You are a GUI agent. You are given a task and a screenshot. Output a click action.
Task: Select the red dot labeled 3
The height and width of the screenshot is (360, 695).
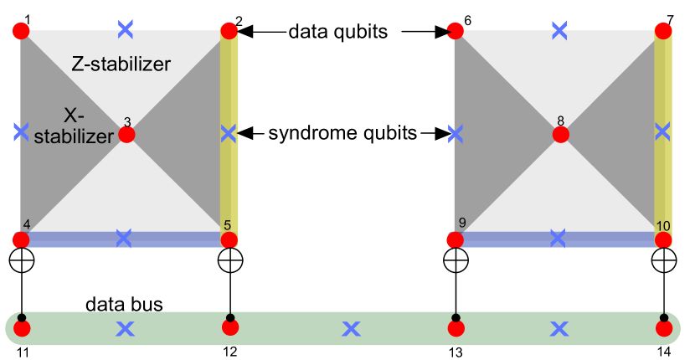(x=126, y=135)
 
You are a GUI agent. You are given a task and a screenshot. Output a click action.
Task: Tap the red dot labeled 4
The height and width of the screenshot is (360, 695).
(x=22, y=240)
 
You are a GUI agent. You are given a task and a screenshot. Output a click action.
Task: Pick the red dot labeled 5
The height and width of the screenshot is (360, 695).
(x=229, y=240)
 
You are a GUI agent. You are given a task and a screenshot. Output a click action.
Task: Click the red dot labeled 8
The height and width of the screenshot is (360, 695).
(x=560, y=135)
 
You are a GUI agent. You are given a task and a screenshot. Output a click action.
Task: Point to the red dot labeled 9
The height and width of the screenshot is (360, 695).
(x=456, y=240)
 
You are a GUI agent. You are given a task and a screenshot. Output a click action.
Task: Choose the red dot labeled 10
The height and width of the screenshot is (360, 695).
(x=663, y=240)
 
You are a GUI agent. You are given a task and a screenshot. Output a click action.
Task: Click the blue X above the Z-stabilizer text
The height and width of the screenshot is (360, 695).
(x=125, y=29)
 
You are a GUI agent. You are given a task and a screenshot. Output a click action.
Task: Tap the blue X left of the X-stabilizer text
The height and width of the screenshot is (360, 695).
(x=21, y=132)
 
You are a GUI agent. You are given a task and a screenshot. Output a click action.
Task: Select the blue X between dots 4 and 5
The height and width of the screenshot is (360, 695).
(x=124, y=239)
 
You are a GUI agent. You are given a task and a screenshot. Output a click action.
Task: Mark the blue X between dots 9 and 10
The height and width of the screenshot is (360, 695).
(x=558, y=239)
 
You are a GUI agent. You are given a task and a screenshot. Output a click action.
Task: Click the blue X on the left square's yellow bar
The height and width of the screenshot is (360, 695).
(x=229, y=133)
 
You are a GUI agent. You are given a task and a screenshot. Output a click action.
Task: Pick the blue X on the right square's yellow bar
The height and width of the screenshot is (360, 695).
(x=662, y=131)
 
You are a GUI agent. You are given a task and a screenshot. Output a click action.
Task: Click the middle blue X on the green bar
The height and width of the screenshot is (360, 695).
(x=351, y=329)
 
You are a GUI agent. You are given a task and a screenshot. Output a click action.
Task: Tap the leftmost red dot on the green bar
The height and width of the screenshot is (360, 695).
(x=22, y=328)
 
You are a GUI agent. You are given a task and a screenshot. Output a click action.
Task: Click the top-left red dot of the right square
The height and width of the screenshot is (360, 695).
(x=456, y=32)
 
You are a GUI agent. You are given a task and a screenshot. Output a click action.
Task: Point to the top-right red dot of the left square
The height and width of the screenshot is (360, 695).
(x=229, y=32)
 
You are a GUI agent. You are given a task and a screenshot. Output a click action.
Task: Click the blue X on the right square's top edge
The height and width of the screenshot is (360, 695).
(x=559, y=30)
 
